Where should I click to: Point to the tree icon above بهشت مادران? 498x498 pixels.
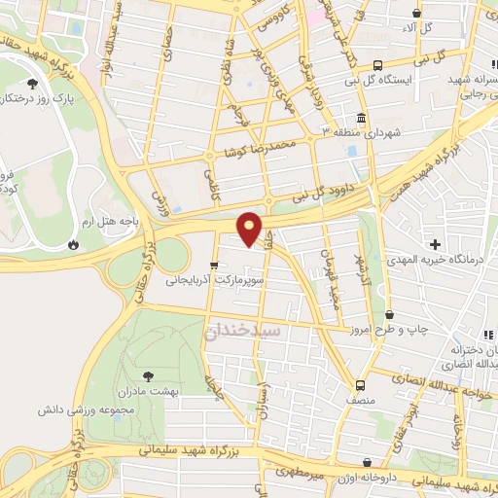click(x=148, y=373)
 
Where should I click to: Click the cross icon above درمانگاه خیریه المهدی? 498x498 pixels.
click(x=435, y=243)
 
